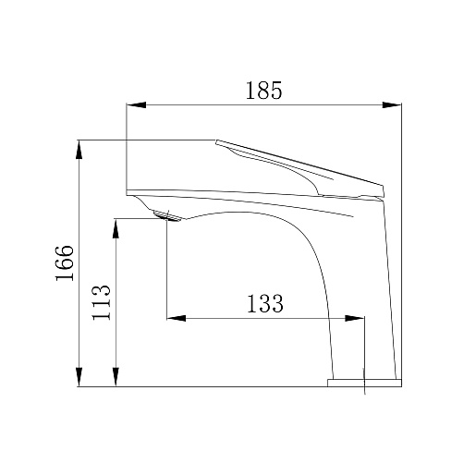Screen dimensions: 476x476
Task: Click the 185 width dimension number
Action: (263, 91)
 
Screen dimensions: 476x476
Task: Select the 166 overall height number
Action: (65, 263)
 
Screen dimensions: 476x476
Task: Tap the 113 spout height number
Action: (101, 303)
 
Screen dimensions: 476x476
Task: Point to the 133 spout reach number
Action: (265, 304)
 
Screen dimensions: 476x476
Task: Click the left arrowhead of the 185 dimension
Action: (136, 104)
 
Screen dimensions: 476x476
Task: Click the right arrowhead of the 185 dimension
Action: (392, 104)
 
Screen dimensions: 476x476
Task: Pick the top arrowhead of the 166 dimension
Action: (79, 150)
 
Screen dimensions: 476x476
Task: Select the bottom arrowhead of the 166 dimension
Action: (79, 377)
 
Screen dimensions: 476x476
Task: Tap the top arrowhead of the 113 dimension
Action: (116, 228)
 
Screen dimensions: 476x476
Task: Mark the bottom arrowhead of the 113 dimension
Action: (116, 377)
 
